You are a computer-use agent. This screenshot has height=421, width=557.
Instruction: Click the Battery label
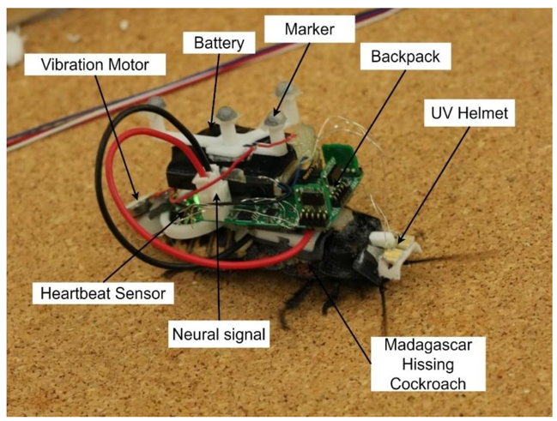pos(219,43)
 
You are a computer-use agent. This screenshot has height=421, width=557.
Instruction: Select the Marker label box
pos(310,29)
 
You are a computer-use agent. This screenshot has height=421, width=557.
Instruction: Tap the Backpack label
pos(405,57)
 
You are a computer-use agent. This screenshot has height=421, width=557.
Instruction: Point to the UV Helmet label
pos(469,113)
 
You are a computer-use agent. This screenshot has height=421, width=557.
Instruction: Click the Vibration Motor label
pos(95,64)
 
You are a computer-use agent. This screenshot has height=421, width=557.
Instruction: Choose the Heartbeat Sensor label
pos(103,293)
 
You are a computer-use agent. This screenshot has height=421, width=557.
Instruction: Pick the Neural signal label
pos(219,334)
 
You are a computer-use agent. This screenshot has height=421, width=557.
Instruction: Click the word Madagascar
pos(428,345)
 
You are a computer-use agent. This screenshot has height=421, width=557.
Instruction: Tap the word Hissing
pos(428,364)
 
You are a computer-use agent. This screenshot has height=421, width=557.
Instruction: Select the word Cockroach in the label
pos(428,384)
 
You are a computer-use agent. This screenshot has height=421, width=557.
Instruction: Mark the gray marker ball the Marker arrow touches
pos(276,118)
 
